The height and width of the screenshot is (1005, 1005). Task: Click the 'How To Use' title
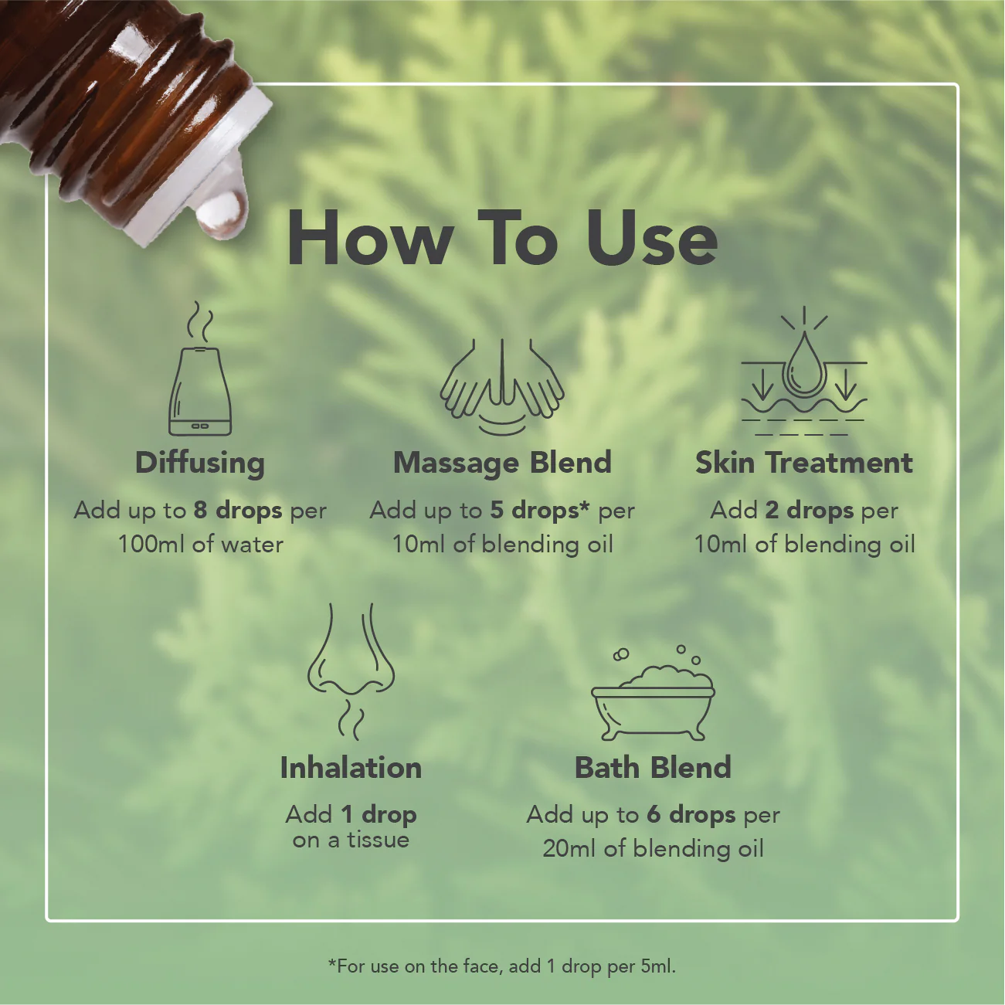coord(502,238)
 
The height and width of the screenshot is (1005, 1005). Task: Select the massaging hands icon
coord(501,386)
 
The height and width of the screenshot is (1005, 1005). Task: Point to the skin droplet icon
coord(803,371)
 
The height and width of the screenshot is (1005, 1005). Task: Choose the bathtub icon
coord(653,693)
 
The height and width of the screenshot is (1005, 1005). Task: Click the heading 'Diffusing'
coord(200,463)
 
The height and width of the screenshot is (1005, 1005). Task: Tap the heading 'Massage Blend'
coord(502,463)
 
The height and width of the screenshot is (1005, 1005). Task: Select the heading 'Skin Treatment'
coord(804,463)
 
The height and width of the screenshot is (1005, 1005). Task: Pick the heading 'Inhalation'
coord(351,768)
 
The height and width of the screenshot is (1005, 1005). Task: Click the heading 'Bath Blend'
coord(653,768)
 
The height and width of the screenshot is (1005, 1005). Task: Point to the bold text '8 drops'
coord(238,511)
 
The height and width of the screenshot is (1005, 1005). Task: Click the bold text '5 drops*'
coord(540,511)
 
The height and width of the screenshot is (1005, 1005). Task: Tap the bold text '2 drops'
coord(810,511)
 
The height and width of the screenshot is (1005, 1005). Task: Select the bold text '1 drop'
coord(379,815)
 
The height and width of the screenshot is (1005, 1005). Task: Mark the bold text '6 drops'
coord(691,815)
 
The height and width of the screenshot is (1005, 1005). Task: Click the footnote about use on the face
coord(501,966)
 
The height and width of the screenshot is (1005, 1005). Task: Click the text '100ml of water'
coord(201,545)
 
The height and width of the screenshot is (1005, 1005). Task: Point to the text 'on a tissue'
coord(351,840)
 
